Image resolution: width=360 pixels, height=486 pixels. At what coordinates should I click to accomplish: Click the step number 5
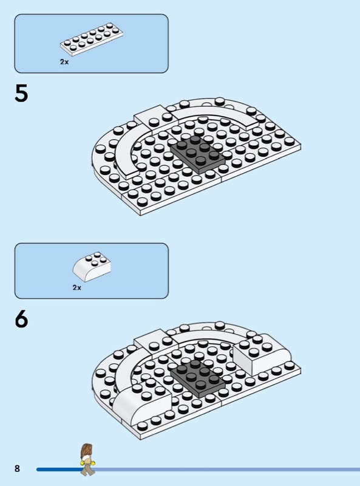21,94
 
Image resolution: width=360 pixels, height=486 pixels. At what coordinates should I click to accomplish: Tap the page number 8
17,468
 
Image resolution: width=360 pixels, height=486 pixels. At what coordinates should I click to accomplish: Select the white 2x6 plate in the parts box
92,39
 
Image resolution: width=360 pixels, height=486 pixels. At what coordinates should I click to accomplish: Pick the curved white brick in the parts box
92,267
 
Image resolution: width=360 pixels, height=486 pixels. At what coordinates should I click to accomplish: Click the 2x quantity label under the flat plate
64,62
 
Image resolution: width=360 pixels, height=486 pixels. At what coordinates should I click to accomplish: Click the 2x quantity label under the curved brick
77,287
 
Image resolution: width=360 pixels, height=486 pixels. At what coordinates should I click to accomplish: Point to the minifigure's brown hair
86,451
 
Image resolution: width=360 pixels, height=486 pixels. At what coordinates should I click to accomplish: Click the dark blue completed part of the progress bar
59,469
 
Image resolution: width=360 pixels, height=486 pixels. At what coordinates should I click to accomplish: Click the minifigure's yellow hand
83,463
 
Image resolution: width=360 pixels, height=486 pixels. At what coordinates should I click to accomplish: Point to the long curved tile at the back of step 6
214,338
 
